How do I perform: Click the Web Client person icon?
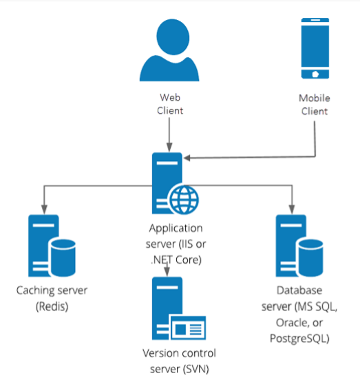[169, 50]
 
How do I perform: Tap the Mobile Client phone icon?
[315, 48]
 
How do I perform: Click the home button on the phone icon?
[315, 74]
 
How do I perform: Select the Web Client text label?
[170, 104]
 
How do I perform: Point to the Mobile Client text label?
[315, 105]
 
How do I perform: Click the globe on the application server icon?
[184, 200]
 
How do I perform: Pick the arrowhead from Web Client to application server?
[169, 147]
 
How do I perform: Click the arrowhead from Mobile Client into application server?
[187, 158]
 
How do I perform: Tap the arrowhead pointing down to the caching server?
[44, 209]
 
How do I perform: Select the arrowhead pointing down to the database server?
[292, 209]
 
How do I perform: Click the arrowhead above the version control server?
[167, 271]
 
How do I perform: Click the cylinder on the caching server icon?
[63, 257]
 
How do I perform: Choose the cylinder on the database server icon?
[310, 257]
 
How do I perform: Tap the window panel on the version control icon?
[188, 328]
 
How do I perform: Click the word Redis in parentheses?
[52, 306]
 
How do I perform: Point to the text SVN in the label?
[196, 369]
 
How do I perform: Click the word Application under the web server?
[176, 229]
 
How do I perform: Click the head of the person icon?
[173, 37]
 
